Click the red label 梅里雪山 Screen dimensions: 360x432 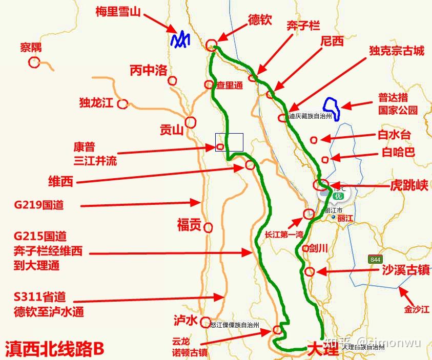pos(118,12)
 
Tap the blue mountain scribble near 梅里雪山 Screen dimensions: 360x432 pos(180,40)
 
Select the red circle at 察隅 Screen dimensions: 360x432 pos(34,62)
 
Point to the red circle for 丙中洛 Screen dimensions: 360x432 pos(172,80)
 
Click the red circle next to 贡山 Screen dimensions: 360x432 pos(191,122)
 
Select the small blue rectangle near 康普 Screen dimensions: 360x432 pos(229,142)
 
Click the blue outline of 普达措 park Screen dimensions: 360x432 pos(334,107)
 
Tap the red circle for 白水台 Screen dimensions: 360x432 pos(314,139)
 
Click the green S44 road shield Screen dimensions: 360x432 pos(376,260)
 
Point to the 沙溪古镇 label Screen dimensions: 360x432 pos(405,270)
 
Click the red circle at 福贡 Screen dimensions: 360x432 pos(208,227)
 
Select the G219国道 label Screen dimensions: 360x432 pos(39,205)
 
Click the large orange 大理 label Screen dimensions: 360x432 pos(323,349)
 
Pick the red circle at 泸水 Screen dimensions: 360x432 pos(205,321)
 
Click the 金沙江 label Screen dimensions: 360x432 pos(415,310)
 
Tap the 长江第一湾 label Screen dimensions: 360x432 pos(284,235)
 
